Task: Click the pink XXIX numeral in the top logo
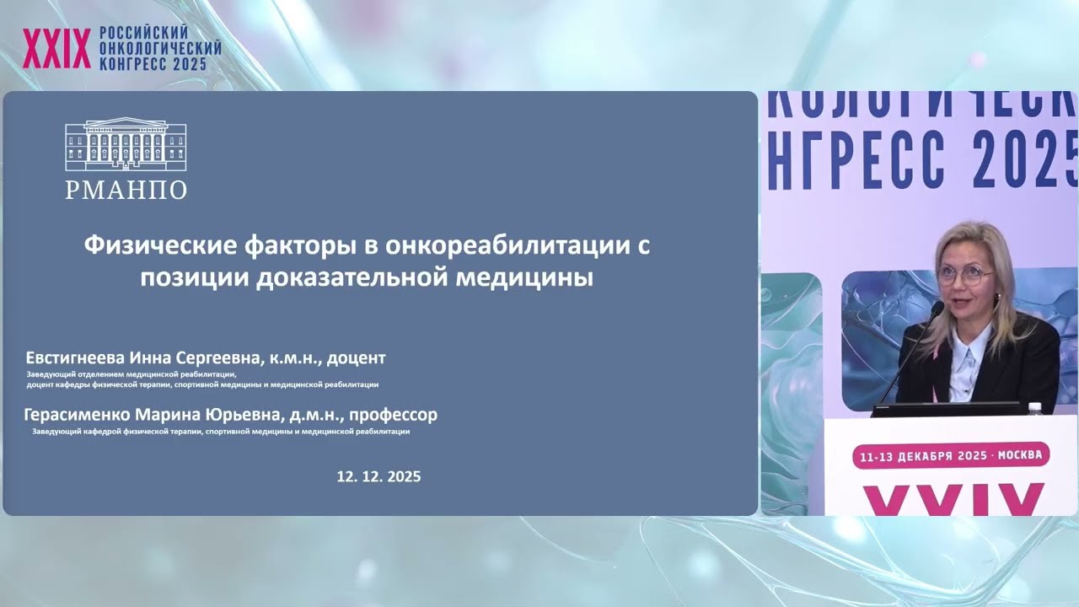click(56, 49)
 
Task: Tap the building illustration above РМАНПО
click(126, 145)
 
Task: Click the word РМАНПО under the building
click(126, 190)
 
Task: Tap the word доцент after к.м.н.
click(356, 357)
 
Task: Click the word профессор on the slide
click(394, 415)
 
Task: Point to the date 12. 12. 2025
click(378, 476)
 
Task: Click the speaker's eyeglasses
click(964, 275)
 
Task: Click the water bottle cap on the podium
click(1035, 407)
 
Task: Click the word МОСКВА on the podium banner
click(1020, 455)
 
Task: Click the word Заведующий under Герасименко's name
click(55, 432)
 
